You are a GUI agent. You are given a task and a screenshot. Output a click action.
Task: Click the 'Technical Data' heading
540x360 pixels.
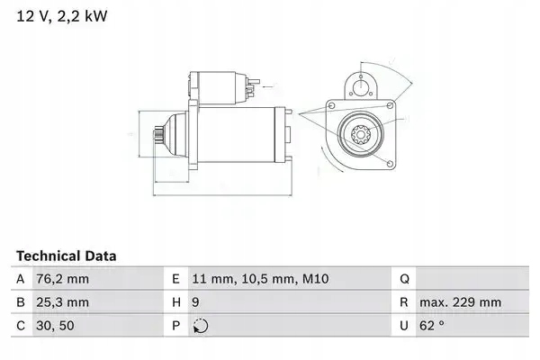coord(66,256)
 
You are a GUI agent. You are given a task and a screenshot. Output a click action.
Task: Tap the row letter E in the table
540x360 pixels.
coord(177,279)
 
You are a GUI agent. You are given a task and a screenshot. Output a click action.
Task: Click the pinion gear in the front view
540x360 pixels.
coord(360,138)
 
